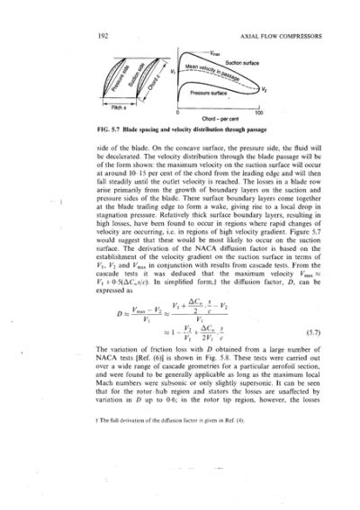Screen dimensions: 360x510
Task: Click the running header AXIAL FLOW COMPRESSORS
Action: pos(280,35)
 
